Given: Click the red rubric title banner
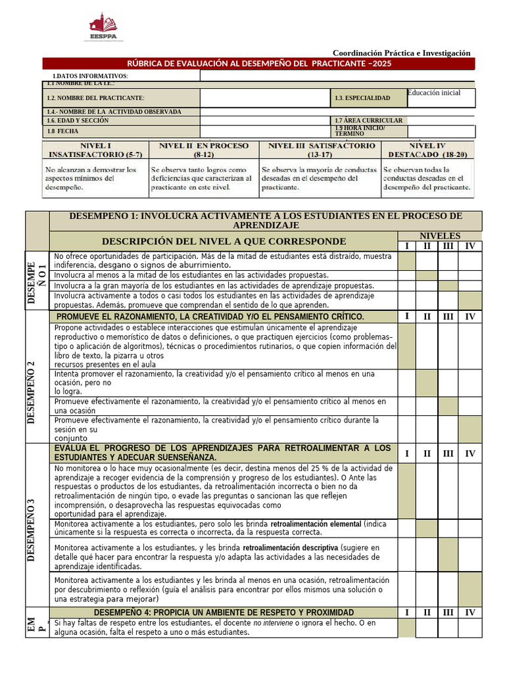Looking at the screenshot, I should (x=258, y=63).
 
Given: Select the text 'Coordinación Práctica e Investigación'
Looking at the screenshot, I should (x=401, y=53).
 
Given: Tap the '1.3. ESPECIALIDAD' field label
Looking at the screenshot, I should (x=362, y=98).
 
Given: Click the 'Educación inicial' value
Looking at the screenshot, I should (x=434, y=93).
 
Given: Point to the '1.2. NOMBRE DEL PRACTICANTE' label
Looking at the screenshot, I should (x=95, y=98).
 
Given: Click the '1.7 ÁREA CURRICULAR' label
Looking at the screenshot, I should (x=368, y=120).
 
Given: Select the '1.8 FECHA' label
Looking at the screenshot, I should (x=62, y=131).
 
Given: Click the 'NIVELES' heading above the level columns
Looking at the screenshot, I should (x=440, y=235).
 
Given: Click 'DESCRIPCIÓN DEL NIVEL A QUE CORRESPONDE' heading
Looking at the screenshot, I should (x=224, y=241).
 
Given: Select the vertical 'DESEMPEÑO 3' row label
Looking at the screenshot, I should (x=31, y=530).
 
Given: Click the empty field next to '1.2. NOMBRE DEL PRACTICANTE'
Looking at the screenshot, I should (x=264, y=98).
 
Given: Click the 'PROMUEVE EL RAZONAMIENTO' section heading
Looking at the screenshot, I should (x=210, y=317).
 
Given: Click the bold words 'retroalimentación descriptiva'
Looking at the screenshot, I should (x=290, y=547).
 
